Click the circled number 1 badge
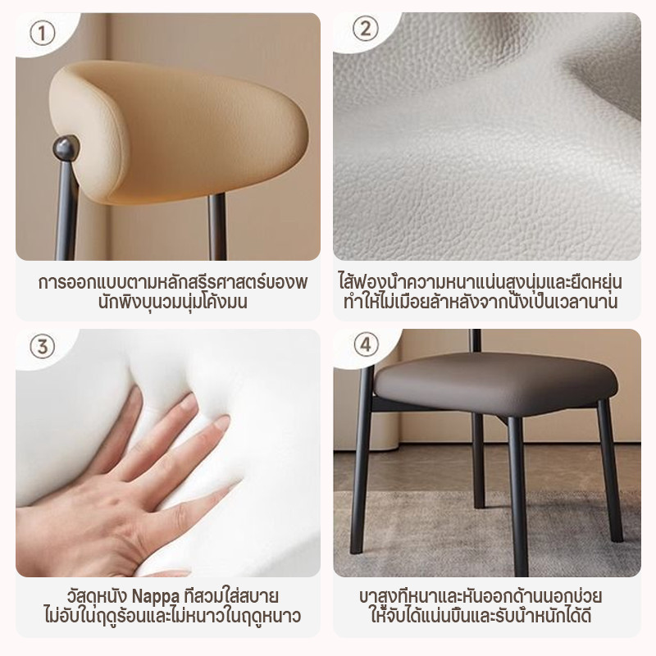pyautogui.click(x=43, y=33)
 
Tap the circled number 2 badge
pyautogui.click(x=365, y=29)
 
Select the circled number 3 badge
pyautogui.click(x=43, y=347)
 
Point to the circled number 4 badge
pyautogui.click(x=366, y=344)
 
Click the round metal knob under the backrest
pyautogui.click(x=66, y=148)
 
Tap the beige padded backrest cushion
pyautogui.click(x=178, y=132)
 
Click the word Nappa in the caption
pyautogui.click(x=155, y=597)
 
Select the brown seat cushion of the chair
pyautogui.click(x=496, y=384)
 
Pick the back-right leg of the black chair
pyautogui.click(x=610, y=471)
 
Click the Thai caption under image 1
pyautogui.click(x=173, y=292)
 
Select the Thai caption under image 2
pyautogui.click(x=481, y=292)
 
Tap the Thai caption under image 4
pyautogui.click(x=481, y=606)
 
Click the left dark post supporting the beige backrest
pyautogui.click(x=66, y=209)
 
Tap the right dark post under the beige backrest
pyautogui.click(x=217, y=226)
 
